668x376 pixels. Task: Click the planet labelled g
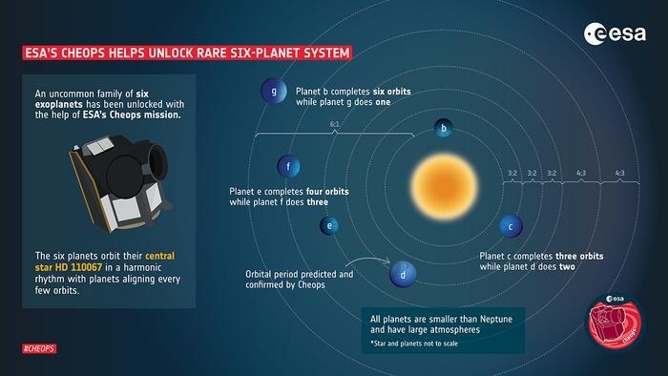275,93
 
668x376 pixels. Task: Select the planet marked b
443,128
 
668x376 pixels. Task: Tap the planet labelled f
288,167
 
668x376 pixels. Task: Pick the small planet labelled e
329,226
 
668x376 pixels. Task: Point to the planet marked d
404,275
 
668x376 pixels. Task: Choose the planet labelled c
511,226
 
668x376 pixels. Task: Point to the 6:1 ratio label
335,125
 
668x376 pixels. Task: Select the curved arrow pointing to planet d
367,261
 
